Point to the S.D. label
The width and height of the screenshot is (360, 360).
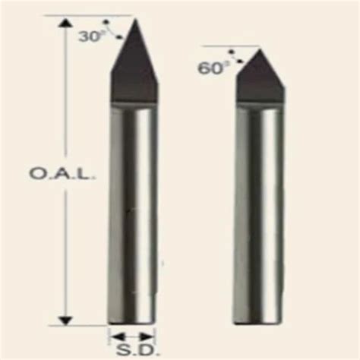point(132,352)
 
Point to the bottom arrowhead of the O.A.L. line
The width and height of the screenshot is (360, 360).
point(67,320)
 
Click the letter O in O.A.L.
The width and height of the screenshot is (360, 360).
point(36,174)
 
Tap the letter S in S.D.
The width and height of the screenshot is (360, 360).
point(122,352)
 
